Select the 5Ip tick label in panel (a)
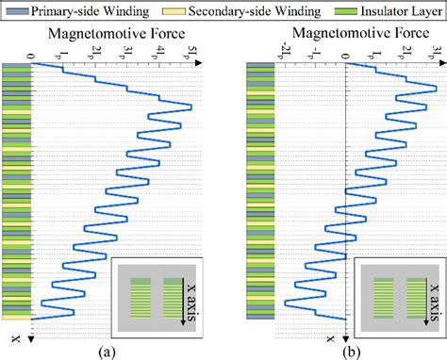(193, 52)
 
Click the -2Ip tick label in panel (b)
(283, 52)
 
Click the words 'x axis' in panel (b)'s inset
(435, 290)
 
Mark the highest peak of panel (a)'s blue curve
(191, 107)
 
